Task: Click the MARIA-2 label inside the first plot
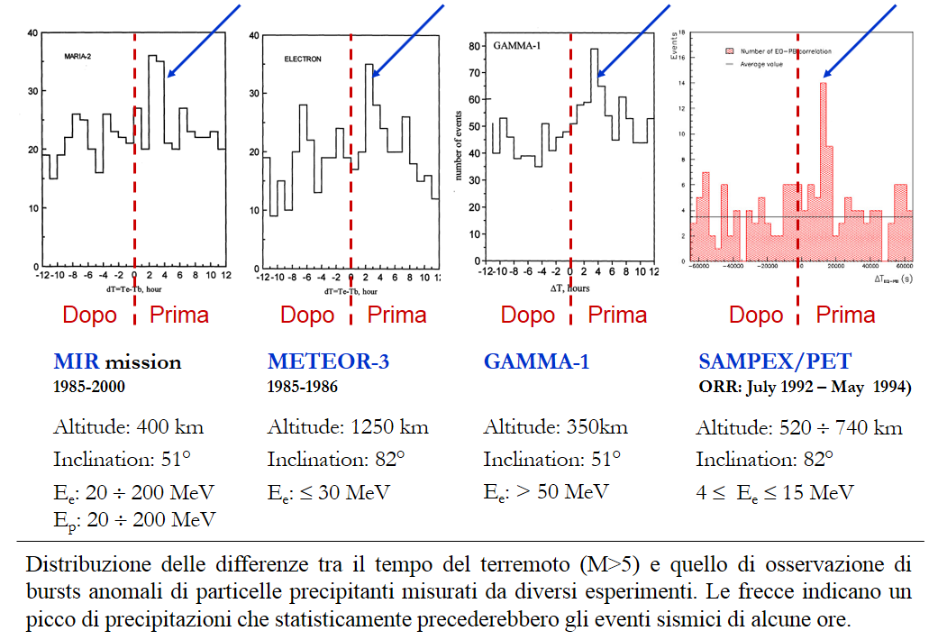coord(79,56)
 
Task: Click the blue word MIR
coord(76,362)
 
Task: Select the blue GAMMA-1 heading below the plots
coord(536,362)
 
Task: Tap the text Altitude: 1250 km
coord(348,427)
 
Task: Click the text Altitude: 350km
coord(555,427)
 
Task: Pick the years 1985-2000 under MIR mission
coord(89,386)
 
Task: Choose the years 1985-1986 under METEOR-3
coord(303,386)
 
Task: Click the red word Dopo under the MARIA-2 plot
coord(90,315)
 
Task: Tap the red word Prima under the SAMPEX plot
coord(845,315)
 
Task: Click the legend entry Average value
coord(761,64)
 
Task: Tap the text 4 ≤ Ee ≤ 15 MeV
coord(775,492)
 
